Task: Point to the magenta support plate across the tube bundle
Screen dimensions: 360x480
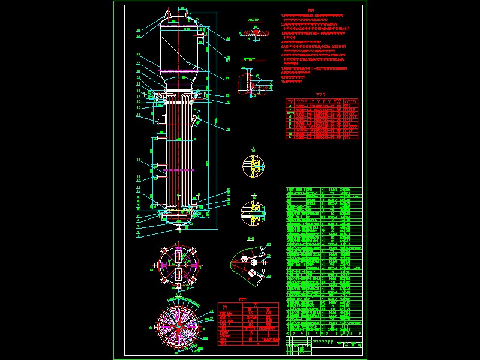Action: point(178,170)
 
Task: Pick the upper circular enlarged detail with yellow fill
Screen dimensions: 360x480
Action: point(253,166)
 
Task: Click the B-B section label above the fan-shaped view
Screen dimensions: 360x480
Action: point(251,239)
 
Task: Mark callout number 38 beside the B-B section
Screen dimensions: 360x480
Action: point(268,244)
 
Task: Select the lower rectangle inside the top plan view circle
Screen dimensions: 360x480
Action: point(178,275)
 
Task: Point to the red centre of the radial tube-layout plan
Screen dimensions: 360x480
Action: point(178,328)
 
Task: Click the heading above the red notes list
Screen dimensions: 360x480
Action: point(310,10)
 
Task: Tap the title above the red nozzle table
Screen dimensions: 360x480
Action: point(321,95)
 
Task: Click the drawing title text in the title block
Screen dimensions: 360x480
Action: point(323,341)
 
